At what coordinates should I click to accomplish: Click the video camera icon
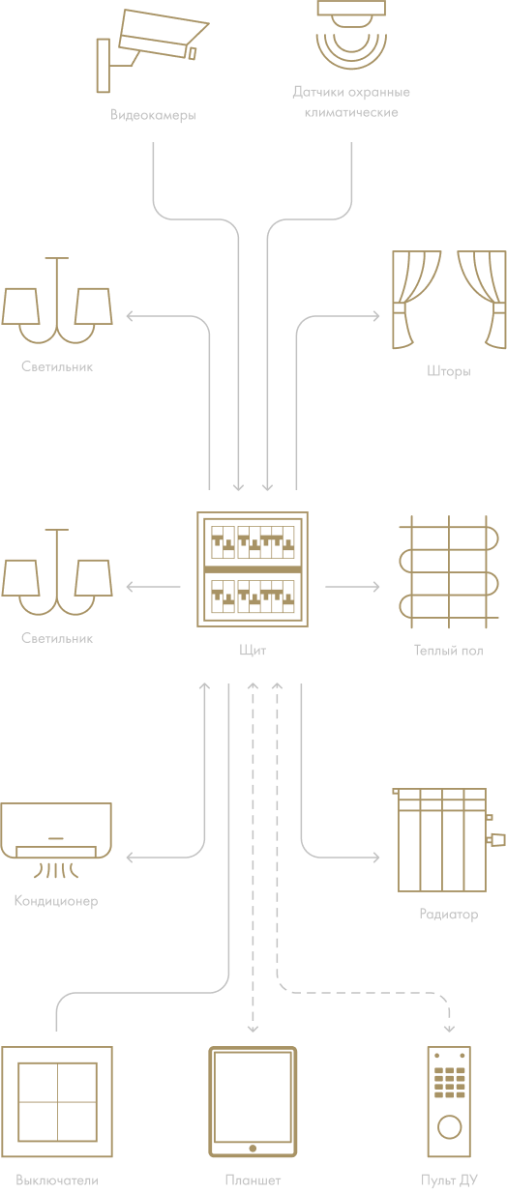pos(152,49)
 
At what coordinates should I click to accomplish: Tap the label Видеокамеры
pos(153,115)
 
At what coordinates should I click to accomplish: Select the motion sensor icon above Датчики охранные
pos(351,35)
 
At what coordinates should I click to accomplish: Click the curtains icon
pos(449,300)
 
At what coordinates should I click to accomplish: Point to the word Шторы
pos(449,371)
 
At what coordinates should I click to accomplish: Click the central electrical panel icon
pos(253,569)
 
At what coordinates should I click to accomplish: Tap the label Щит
pos(253,651)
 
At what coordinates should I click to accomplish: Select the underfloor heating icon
pos(449,571)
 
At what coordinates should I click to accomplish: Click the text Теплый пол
pos(449,651)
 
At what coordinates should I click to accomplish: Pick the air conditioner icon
pos(56,840)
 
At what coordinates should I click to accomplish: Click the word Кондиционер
pos(56,901)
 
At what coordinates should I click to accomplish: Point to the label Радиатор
pos(449,914)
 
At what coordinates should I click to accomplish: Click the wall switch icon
pos(57,1101)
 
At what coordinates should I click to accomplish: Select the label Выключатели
pos(57,1180)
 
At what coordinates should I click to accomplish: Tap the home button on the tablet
pos(253,1148)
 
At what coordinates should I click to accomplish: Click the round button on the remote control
pos(449,1126)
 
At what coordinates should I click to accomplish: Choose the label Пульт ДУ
pos(449,1180)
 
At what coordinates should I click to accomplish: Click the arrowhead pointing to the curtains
pos(376,316)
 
